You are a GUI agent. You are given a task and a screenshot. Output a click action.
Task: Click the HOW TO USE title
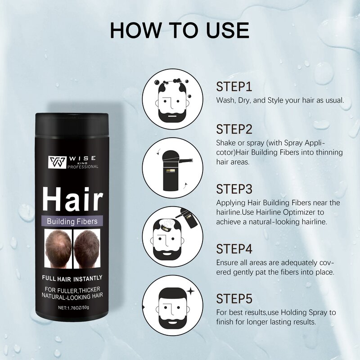(x=180, y=30)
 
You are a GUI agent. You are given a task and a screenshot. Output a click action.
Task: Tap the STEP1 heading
(x=234, y=87)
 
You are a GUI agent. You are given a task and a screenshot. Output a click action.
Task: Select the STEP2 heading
(x=234, y=129)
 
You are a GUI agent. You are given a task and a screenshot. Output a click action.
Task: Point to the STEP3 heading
(x=234, y=189)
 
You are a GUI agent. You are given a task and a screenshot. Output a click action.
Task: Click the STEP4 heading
(x=234, y=248)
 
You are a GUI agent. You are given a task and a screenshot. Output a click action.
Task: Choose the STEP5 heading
(x=234, y=298)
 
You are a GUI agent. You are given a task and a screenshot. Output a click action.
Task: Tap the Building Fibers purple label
(x=72, y=221)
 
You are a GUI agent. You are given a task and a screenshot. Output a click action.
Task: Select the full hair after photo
(x=87, y=248)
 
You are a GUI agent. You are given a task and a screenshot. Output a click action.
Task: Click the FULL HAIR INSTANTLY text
(x=72, y=278)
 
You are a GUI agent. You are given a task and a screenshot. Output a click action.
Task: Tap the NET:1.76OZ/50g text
(x=72, y=308)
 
